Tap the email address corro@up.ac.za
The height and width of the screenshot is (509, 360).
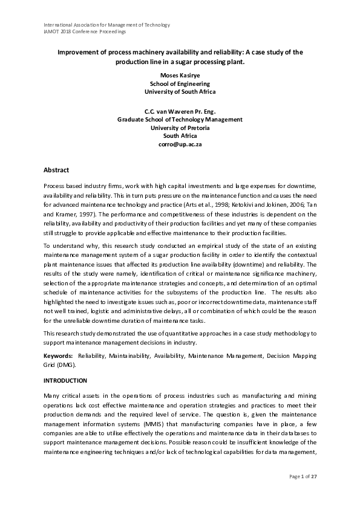(x=180, y=145)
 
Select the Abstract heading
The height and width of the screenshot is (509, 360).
(x=56, y=170)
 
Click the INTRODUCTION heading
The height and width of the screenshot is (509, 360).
(x=66, y=380)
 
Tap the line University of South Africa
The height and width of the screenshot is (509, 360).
(x=180, y=92)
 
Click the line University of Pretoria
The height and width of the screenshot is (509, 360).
(x=180, y=128)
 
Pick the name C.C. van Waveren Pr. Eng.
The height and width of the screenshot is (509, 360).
(x=180, y=111)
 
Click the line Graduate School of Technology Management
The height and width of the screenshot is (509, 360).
(x=180, y=120)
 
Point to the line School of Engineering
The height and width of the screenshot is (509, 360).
(x=180, y=83)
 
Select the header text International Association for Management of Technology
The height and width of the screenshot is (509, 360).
(x=107, y=25)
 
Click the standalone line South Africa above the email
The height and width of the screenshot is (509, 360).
(x=180, y=137)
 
